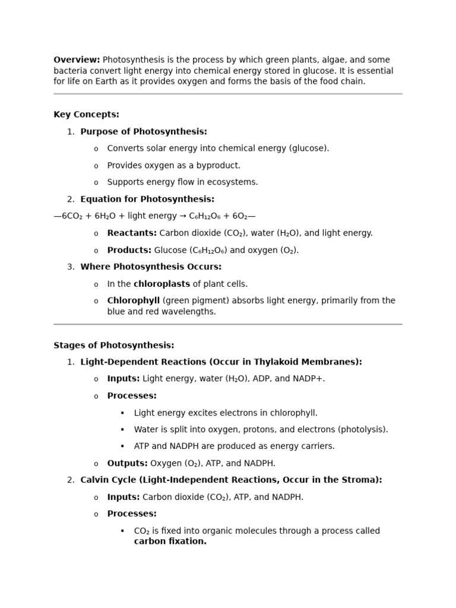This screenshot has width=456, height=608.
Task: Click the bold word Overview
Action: pyautogui.click(x=76, y=60)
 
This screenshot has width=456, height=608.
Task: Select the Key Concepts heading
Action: pyautogui.click(x=86, y=115)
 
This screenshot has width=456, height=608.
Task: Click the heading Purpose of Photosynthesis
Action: pyautogui.click(x=144, y=132)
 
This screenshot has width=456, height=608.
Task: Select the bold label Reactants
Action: pyautogui.click(x=131, y=233)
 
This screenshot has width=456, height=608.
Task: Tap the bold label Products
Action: pyautogui.click(x=129, y=251)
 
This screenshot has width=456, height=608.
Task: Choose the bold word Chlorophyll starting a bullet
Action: pyautogui.click(x=133, y=301)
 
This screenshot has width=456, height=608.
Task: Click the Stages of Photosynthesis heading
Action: pyautogui.click(x=114, y=346)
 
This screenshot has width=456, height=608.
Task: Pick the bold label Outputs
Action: pyautogui.click(x=127, y=463)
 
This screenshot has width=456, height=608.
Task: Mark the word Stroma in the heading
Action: pyautogui.click(x=362, y=480)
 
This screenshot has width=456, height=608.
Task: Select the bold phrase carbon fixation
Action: pyautogui.click(x=170, y=541)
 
